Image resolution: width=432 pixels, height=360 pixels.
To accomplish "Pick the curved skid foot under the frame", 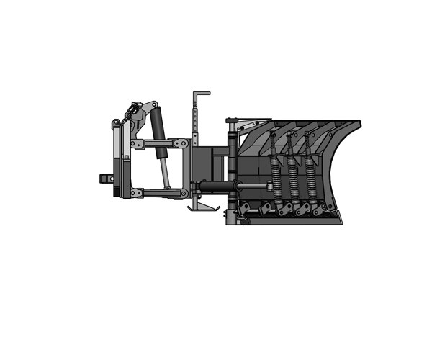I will (x=201, y=208).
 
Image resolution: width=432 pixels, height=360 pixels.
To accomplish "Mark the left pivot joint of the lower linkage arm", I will (x=134, y=192).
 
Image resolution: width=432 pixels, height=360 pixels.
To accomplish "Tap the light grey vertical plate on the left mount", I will (x=116, y=151).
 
